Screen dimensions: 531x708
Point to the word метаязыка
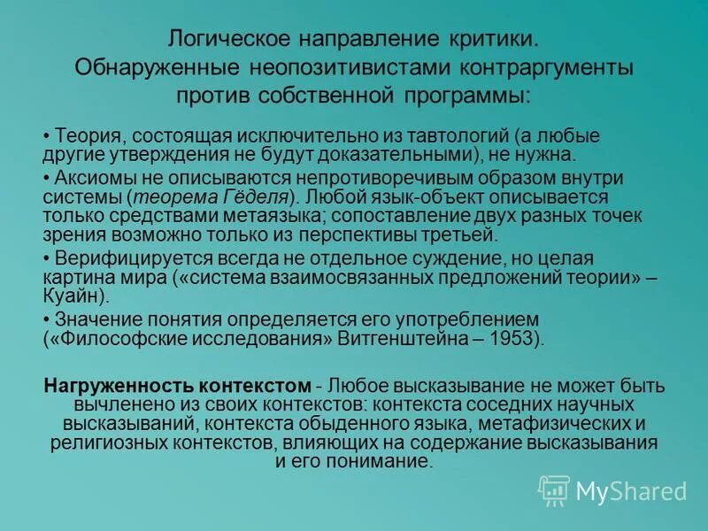[x=234, y=215]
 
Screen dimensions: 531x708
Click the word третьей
[x=466, y=235]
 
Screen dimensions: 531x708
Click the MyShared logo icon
[x=554, y=490]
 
